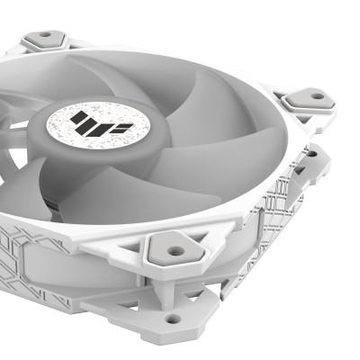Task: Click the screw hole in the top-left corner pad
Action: point(42,38)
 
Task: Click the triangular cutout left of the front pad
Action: point(137,255)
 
